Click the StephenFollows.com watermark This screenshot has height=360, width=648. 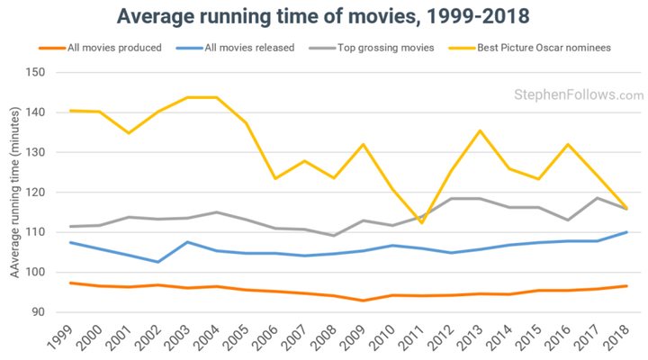coord(579,94)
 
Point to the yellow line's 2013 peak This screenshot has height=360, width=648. coord(481,130)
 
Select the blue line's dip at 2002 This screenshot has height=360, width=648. coord(158,262)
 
